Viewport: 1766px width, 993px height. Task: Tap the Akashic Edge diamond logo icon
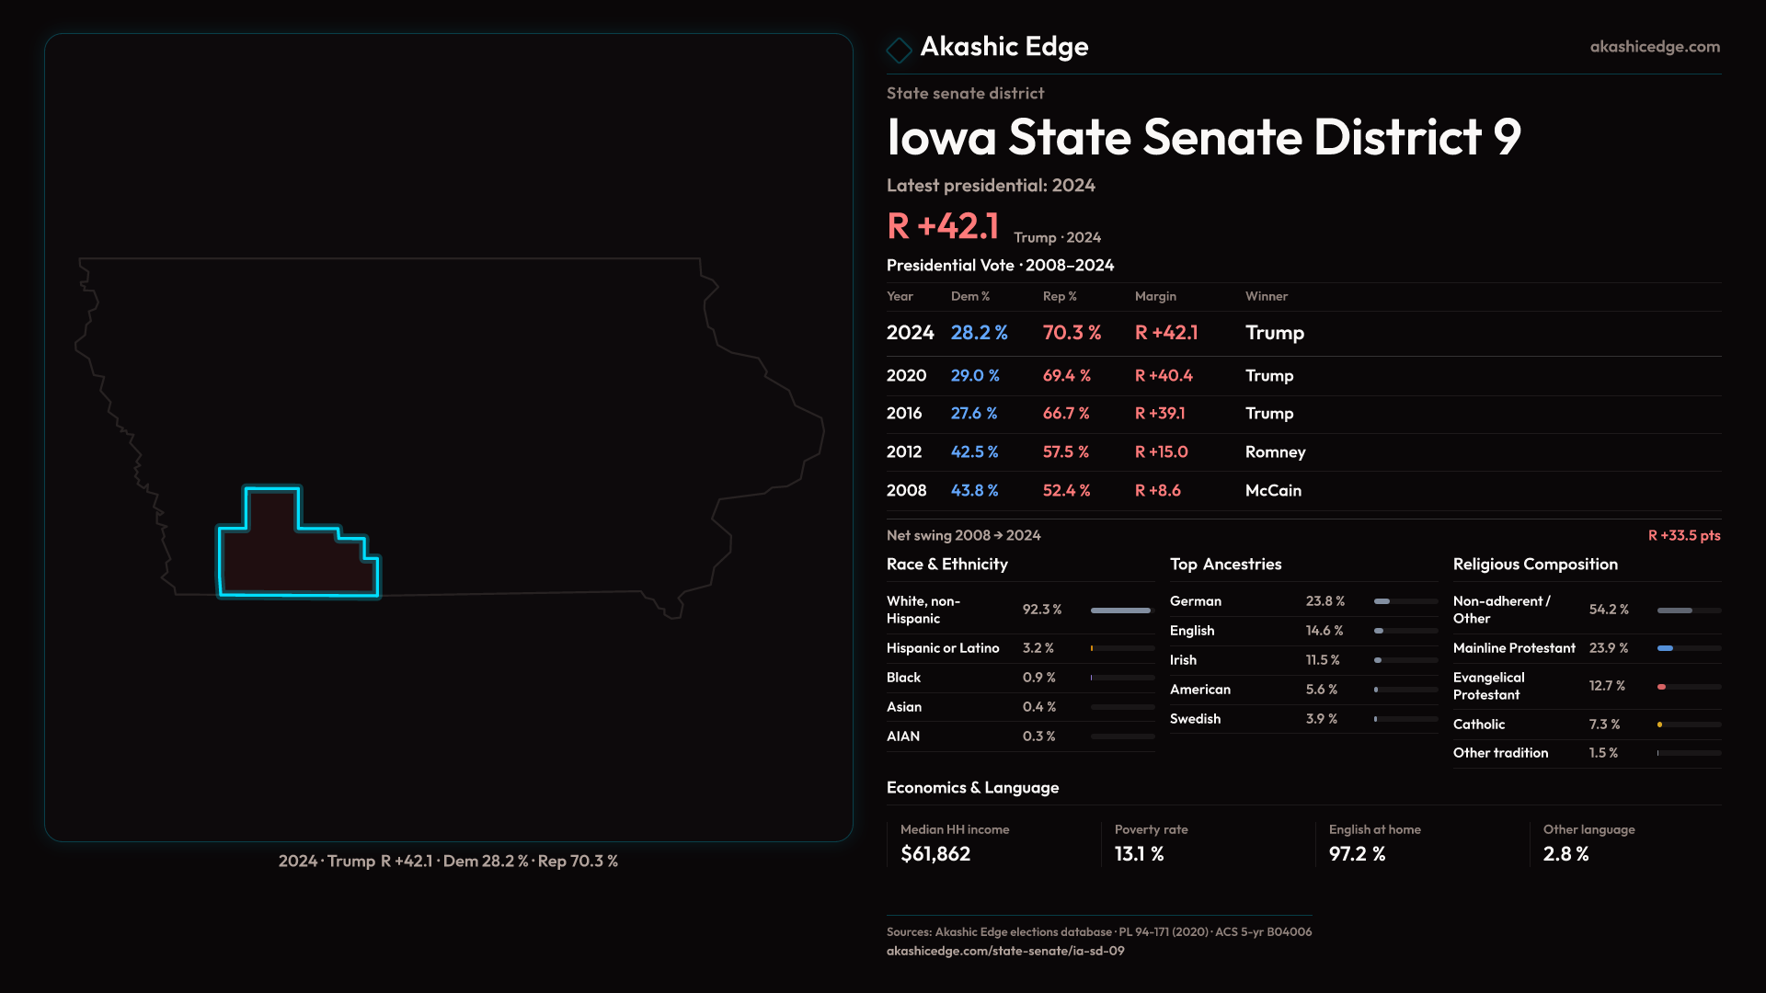pyautogui.click(x=899, y=49)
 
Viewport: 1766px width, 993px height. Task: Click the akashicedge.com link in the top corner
pyautogui.click(x=1654, y=47)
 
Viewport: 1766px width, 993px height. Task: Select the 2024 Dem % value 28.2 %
pyautogui.click(x=979, y=333)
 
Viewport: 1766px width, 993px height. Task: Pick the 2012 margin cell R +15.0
pyautogui.click(x=1161, y=452)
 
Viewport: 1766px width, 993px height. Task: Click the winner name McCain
pyautogui.click(x=1273, y=491)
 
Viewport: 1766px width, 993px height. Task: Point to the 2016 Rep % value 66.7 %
pyautogui.click(x=1065, y=414)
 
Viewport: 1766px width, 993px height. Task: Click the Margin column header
pyautogui.click(x=1155, y=296)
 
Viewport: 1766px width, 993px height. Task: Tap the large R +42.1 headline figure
pyautogui.click(x=942, y=226)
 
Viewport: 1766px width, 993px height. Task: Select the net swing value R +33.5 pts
pyautogui.click(x=1683, y=535)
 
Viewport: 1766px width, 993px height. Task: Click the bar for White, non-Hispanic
pyautogui.click(x=1120, y=611)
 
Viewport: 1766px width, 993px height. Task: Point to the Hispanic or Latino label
pyautogui.click(x=942, y=648)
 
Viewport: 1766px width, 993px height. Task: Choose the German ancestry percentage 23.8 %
pyautogui.click(x=1324, y=601)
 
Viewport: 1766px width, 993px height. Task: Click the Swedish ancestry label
pyautogui.click(x=1195, y=719)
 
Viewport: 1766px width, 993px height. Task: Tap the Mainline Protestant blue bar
pyautogui.click(x=1665, y=648)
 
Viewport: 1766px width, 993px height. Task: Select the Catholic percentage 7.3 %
pyautogui.click(x=1604, y=725)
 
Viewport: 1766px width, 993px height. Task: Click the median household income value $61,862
pyautogui.click(x=935, y=854)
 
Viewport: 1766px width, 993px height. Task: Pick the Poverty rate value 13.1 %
pyautogui.click(x=1139, y=854)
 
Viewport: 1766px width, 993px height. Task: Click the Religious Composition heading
pyautogui.click(x=1534, y=565)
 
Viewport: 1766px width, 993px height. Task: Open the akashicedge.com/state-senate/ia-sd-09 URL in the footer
pyautogui.click(x=1004, y=951)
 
